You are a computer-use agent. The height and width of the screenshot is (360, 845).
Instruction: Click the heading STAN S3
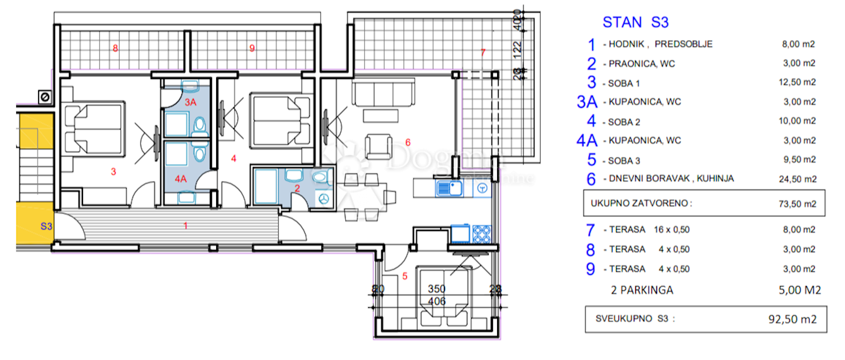pos(635,22)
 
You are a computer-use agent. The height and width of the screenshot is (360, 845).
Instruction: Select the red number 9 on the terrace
pos(251,49)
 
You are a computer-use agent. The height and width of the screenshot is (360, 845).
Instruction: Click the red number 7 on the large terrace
pos(482,53)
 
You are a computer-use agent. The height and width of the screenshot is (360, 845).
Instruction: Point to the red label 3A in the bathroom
pos(190,101)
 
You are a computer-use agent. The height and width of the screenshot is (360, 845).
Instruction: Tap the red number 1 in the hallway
pos(185,225)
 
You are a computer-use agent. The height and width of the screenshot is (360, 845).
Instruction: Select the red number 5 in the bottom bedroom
pos(404,276)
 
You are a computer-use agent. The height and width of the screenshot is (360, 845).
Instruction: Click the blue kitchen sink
pos(447,188)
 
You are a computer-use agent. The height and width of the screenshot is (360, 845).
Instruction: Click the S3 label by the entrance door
pos(46,226)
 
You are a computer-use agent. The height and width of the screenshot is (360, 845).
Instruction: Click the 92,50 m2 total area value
pos(791,319)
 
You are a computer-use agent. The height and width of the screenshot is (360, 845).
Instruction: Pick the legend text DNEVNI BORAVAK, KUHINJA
pos(668,179)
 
